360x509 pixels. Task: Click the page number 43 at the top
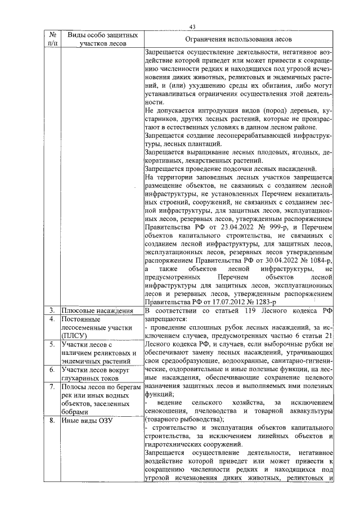pos(192,26)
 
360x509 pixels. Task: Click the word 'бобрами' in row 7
pos(77,412)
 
